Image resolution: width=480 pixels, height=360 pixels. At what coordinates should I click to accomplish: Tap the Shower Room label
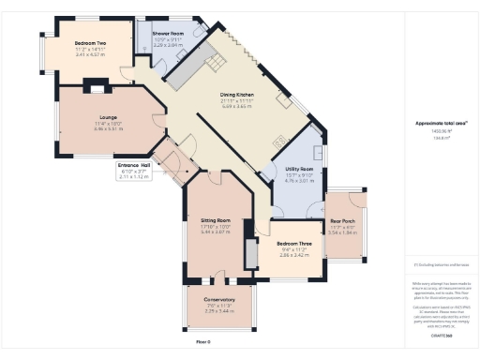point(168,32)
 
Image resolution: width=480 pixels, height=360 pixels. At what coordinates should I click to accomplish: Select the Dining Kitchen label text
point(237,95)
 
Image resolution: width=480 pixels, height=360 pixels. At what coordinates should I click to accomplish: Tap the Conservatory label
point(219,300)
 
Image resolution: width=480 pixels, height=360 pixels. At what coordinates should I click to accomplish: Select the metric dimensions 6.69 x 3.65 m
point(237,107)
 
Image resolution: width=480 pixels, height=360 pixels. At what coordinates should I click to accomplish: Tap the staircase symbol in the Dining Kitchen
point(217,62)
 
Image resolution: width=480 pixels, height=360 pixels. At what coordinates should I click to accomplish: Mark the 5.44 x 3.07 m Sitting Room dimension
point(216,231)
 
